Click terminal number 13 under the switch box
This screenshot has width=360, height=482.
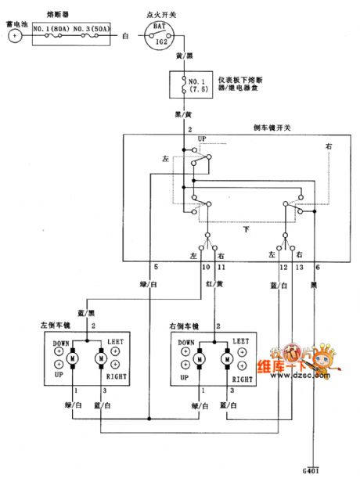pos(299,268)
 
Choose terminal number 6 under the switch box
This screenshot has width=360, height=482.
pos(317,268)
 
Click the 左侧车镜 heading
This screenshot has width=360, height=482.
pos(55,325)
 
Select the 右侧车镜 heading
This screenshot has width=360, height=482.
pos(185,325)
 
